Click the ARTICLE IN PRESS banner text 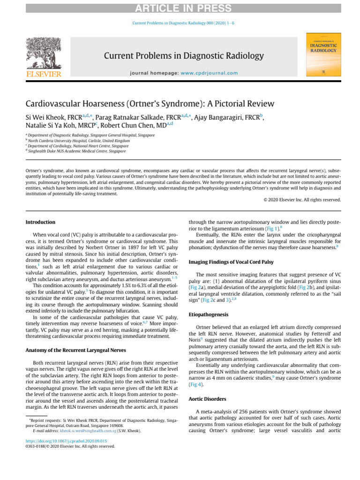[x=180, y=8]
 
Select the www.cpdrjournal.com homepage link [x=209, y=73]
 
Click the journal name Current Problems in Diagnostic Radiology [x=184, y=56]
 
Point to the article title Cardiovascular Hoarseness [x=150, y=104]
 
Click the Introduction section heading [x=40, y=222]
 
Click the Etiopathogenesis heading [x=209, y=315]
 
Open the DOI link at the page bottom [x=66, y=441]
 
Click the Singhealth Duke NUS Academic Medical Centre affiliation [x=76, y=151]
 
